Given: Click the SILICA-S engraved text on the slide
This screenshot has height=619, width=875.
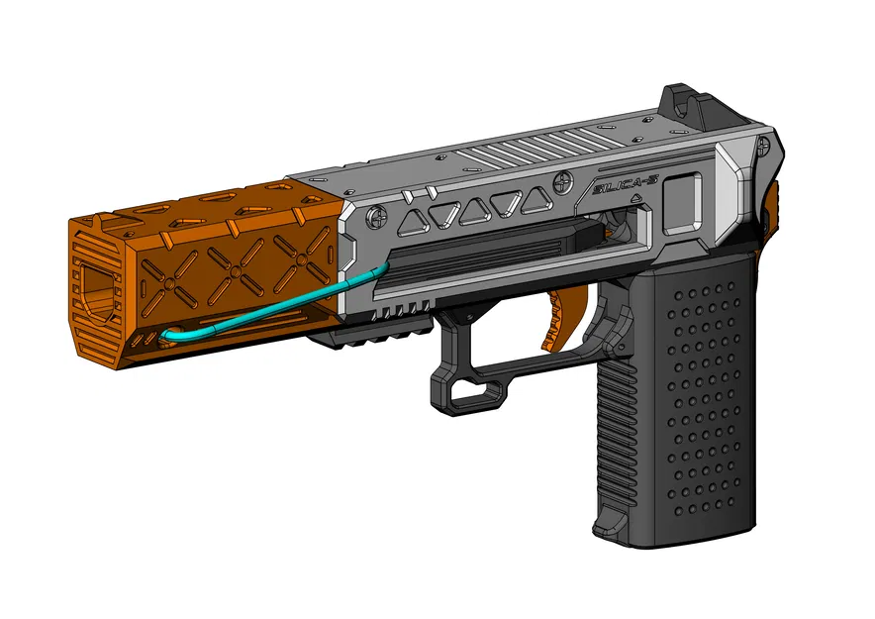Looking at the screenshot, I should point(618,185).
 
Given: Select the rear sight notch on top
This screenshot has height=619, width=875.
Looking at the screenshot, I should point(680,98).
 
